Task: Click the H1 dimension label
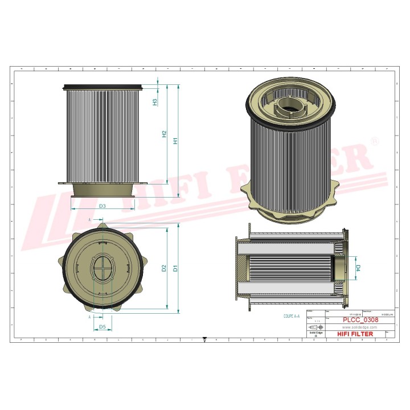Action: pyautogui.click(x=176, y=140)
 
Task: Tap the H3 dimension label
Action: pyautogui.click(x=155, y=102)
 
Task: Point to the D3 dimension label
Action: pyautogui.click(x=102, y=206)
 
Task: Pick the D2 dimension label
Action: pyautogui.click(x=164, y=268)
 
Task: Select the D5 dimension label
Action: pyautogui.click(x=102, y=327)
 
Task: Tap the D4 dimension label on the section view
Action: pyautogui.click(x=358, y=267)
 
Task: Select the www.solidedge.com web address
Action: pyautogui.click(x=359, y=327)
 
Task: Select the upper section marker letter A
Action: pyautogui.click(x=90, y=219)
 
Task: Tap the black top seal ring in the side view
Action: pyautogui.click(x=103, y=87)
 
